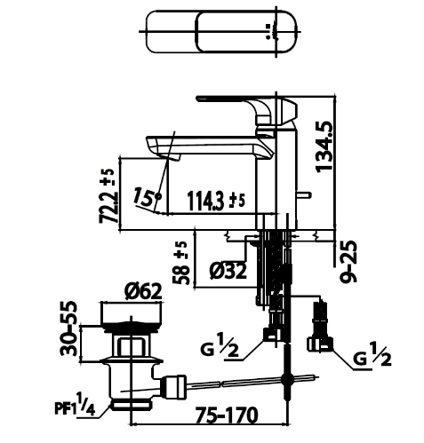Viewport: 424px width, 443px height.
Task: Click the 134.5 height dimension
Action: pyautogui.click(x=324, y=146)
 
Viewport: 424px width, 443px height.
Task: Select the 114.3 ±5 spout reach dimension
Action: pyautogui.click(x=217, y=201)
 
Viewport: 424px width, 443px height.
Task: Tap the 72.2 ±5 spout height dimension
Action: pyautogui.click(x=108, y=195)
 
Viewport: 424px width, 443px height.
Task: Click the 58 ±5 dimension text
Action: pyautogui.click(x=180, y=263)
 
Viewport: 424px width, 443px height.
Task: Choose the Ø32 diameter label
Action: pyautogui.click(x=228, y=272)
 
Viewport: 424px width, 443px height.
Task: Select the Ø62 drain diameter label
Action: pyautogui.click(x=143, y=291)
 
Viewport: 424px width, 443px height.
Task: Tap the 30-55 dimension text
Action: pyautogui.click(x=68, y=328)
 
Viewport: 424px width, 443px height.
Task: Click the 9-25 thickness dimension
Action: pyautogui.click(x=348, y=262)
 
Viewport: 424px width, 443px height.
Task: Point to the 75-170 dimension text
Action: pyautogui.click(x=227, y=415)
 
